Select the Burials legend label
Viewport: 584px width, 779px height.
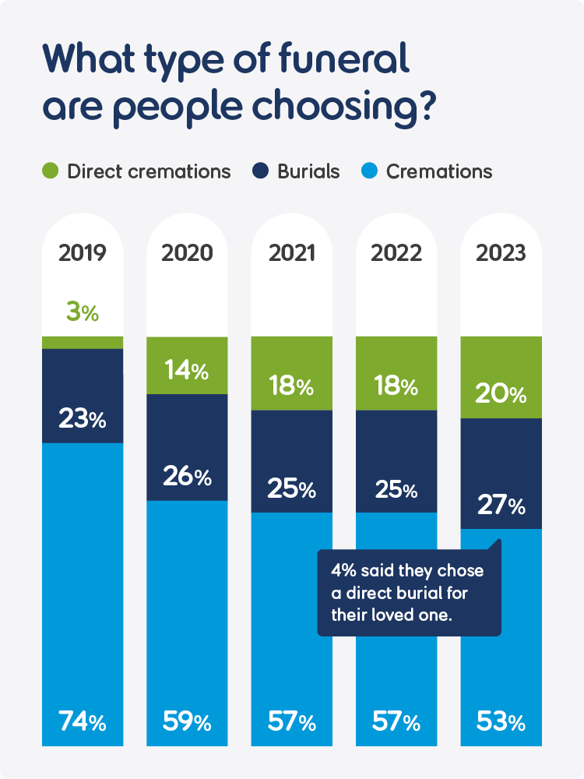click(308, 171)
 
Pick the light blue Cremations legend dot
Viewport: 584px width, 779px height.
click(371, 171)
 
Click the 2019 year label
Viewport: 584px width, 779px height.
click(83, 254)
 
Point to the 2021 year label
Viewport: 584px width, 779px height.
click(291, 254)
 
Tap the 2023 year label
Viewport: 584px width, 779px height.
click(501, 254)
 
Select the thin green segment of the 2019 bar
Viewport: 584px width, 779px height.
click(83, 342)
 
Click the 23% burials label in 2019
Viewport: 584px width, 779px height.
click(83, 419)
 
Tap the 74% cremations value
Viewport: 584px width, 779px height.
click(83, 722)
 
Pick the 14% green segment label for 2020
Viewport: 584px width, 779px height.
click(187, 372)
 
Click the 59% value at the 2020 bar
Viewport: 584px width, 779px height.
click(187, 722)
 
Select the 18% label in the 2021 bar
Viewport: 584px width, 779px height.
click(291, 386)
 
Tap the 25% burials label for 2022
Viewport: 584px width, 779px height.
click(396, 490)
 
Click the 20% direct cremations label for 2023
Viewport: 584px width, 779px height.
click(501, 394)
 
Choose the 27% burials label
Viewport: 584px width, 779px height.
click(501, 506)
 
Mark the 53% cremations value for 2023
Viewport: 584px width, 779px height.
click(501, 722)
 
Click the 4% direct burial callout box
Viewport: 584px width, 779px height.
click(409, 591)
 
